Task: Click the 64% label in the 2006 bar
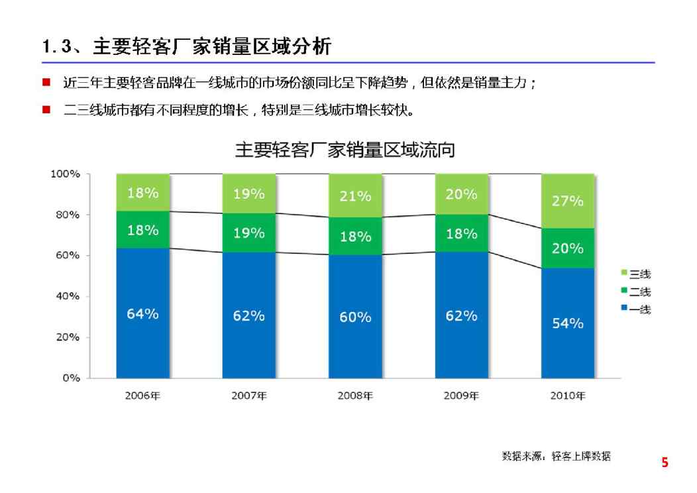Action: [x=142, y=314]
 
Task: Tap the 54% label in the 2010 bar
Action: [x=568, y=323]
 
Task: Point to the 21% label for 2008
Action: [x=356, y=196]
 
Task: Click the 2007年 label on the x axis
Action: [x=249, y=396]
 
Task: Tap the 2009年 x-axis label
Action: [x=461, y=396]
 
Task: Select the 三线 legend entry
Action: [x=635, y=274]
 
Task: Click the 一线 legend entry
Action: [x=635, y=309]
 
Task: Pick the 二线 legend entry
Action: [x=635, y=292]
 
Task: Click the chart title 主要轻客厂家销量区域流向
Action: [x=345, y=150]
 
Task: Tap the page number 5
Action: [x=665, y=463]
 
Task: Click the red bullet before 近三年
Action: [x=46, y=83]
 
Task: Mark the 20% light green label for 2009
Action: [x=461, y=194]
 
